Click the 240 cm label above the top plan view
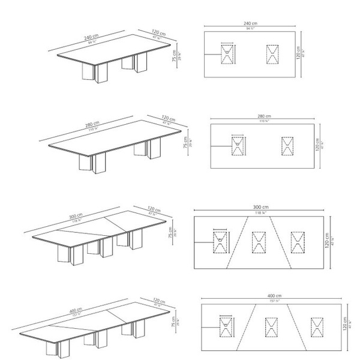pos(251,22)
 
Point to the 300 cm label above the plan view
pos(261,207)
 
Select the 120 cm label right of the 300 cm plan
pos(328,241)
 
